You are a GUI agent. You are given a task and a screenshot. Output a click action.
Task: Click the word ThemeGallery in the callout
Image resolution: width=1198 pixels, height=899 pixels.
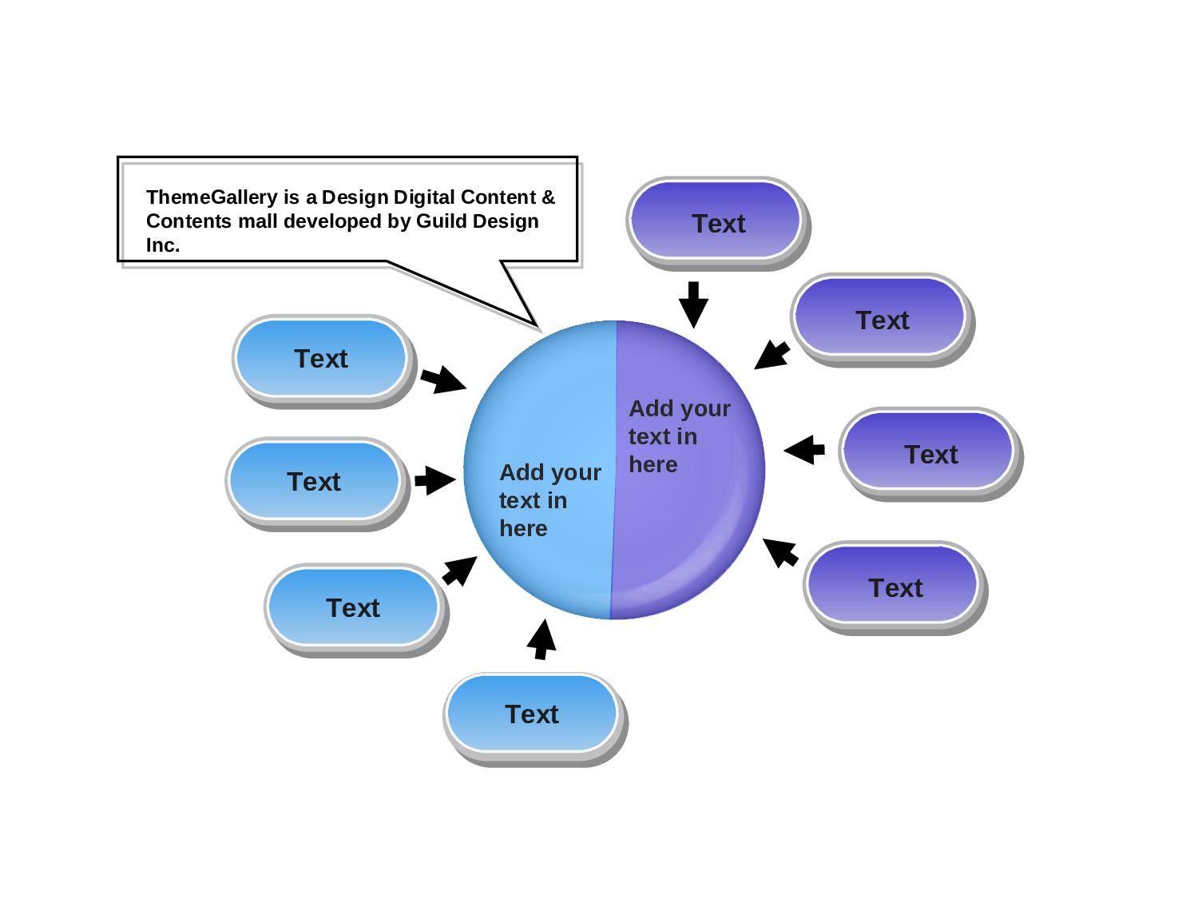coord(212,197)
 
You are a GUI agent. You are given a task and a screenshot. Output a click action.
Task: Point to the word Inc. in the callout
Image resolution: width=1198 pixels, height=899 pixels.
coord(163,245)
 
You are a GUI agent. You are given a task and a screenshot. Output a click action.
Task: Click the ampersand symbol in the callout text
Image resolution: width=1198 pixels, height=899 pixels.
coord(548,197)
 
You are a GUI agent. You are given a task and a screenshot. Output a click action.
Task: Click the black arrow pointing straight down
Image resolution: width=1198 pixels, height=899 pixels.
coord(693,304)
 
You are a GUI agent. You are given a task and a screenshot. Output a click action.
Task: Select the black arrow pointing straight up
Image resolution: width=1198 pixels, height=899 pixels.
coord(541,639)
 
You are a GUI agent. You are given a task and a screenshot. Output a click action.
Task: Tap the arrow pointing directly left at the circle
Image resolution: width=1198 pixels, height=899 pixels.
coord(804,450)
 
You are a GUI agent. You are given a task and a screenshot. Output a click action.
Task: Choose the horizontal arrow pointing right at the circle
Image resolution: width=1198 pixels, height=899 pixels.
coord(435,480)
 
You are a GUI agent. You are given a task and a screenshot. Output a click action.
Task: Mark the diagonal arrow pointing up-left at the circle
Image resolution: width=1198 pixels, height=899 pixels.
coord(780,552)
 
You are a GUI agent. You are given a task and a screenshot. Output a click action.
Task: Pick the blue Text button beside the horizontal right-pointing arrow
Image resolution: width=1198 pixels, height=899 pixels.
coord(314,481)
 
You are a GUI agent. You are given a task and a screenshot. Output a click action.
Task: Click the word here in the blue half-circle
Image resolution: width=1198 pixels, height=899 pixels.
coord(523,529)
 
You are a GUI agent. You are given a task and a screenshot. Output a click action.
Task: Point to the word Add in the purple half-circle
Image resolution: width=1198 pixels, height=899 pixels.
coord(652,408)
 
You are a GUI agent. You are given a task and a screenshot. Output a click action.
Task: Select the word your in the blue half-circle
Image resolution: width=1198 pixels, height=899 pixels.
coord(576,473)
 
